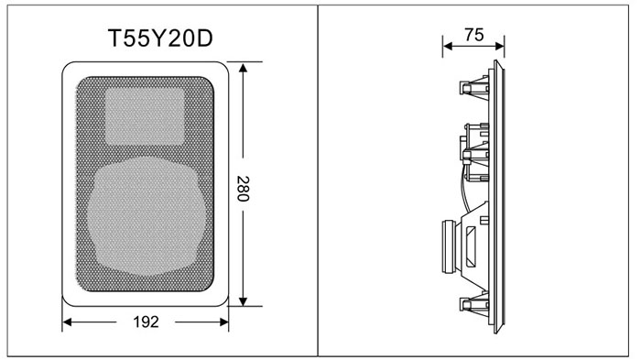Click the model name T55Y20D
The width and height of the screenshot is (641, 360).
[x=160, y=38]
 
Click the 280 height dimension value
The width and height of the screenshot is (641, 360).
[x=243, y=189]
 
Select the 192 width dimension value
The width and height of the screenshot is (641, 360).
[x=146, y=322]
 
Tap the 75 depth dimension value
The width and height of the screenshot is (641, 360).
[x=473, y=35]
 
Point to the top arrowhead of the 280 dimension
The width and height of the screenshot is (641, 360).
[x=244, y=68]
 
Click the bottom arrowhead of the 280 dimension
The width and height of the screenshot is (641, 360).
[x=244, y=300]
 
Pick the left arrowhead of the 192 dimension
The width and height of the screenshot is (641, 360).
[x=68, y=322]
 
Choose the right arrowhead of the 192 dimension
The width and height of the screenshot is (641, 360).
[x=223, y=322]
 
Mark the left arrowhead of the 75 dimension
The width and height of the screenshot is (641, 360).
[x=448, y=46]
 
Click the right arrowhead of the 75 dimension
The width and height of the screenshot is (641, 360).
[x=499, y=46]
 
